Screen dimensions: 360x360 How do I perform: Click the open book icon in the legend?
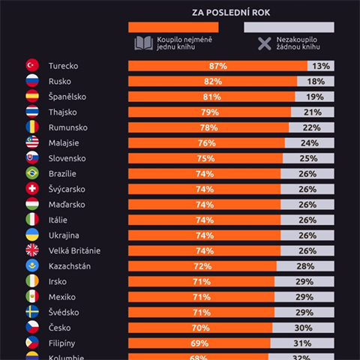pyautogui.click(x=143, y=43)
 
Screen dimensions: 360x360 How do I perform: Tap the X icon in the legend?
pyautogui.click(x=263, y=43)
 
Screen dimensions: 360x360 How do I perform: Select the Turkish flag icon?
pyautogui.click(x=32, y=66)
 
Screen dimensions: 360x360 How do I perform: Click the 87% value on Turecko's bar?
pyautogui.click(x=218, y=66)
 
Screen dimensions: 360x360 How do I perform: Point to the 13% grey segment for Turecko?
pyautogui.click(x=321, y=66)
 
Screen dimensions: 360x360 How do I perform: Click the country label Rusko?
pyautogui.click(x=60, y=81)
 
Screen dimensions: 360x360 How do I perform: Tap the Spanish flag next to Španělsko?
pyautogui.click(x=32, y=97)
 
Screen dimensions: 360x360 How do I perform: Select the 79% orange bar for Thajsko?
pyautogui.click(x=209, y=112)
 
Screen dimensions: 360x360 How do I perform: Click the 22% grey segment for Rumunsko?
pyautogui.click(x=310, y=127)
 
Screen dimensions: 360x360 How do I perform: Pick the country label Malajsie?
pyautogui.click(x=64, y=142)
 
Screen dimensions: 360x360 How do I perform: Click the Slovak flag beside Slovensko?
pyautogui.click(x=32, y=158)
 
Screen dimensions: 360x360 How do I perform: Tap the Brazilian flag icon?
pyautogui.click(x=32, y=173)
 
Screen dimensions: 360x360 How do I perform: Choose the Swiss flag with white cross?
pyautogui.click(x=32, y=189)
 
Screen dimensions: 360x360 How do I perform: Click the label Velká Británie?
pyautogui.click(x=74, y=250)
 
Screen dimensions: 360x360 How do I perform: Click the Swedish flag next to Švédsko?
pyautogui.click(x=32, y=312)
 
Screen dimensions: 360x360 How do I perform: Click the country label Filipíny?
pyautogui.click(x=62, y=343)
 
